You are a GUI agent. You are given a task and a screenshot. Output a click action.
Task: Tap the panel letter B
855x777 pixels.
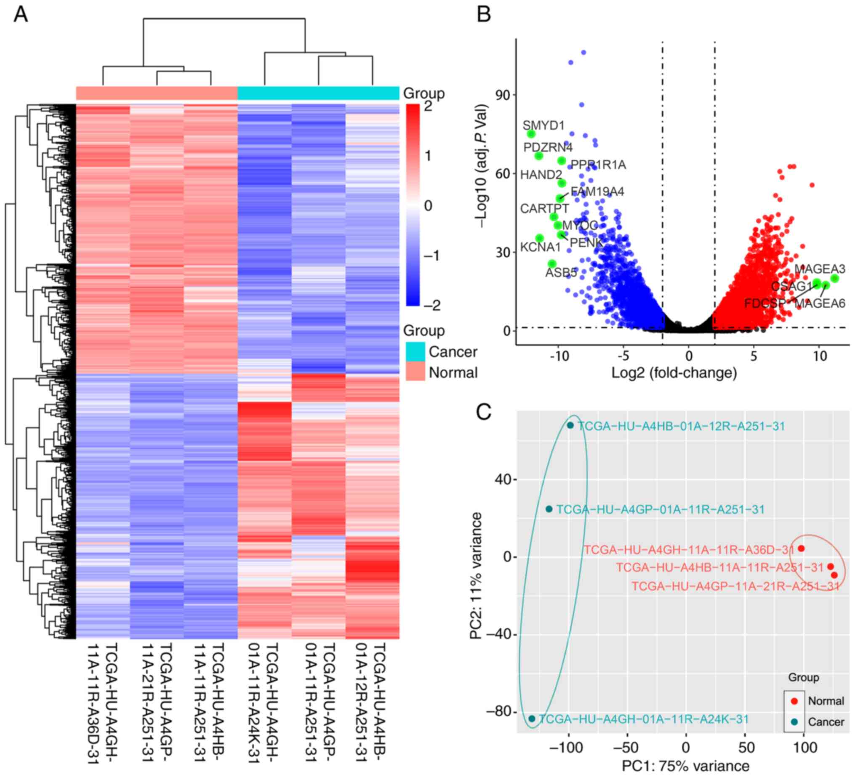pyautogui.click(x=484, y=14)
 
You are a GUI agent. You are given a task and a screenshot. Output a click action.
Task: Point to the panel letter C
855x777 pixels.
pyautogui.click(x=484, y=411)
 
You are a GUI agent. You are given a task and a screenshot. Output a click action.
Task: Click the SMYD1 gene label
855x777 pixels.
pyautogui.click(x=543, y=125)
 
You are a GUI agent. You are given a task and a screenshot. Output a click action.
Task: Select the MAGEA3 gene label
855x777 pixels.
pyautogui.click(x=819, y=269)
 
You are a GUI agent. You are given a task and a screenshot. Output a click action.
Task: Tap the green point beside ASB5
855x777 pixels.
pyautogui.click(x=552, y=264)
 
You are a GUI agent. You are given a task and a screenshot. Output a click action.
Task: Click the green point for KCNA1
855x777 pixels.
pyautogui.click(x=539, y=238)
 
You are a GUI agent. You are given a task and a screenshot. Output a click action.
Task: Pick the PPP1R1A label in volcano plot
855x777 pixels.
pyautogui.click(x=598, y=165)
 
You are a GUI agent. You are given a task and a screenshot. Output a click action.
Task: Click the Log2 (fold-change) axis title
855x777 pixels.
pyautogui.click(x=674, y=373)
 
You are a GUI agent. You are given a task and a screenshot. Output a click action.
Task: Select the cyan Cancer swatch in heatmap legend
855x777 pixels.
pyautogui.click(x=415, y=351)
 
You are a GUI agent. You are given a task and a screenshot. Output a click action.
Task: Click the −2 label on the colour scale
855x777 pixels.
pyautogui.click(x=433, y=305)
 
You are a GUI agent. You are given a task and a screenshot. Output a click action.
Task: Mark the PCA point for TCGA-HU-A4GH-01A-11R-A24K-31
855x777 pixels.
pyautogui.click(x=532, y=718)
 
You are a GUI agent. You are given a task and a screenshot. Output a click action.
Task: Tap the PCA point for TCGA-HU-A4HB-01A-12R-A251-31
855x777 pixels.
pyautogui.click(x=570, y=426)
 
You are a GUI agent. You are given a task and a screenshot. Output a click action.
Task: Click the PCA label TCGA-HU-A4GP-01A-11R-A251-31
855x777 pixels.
pyautogui.click(x=660, y=509)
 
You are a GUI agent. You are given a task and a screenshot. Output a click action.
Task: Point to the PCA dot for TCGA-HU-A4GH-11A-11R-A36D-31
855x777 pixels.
pyautogui.click(x=801, y=548)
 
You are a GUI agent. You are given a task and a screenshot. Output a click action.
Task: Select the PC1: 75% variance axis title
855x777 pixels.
pyautogui.click(x=685, y=766)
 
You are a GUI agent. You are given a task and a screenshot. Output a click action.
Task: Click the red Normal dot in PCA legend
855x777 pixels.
pyautogui.click(x=794, y=701)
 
